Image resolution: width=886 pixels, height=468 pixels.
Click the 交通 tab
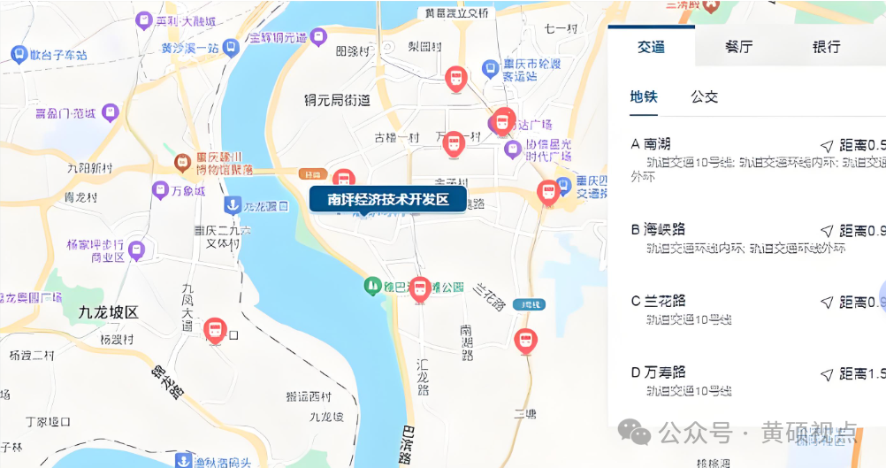(x=652, y=47)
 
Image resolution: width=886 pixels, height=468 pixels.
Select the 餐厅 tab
(x=738, y=47)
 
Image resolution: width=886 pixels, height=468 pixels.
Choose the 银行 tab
(x=826, y=47)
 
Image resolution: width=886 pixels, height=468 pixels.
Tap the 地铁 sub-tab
(x=644, y=97)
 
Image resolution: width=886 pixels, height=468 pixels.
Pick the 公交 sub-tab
(x=704, y=97)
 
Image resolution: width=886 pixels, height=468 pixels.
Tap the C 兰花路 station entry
(x=659, y=302)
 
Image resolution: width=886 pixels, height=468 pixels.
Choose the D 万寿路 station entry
(x=659, y=372)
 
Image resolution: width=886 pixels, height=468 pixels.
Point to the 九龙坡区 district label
(x=109, y=312)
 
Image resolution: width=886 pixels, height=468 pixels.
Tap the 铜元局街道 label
(x=336, y=100)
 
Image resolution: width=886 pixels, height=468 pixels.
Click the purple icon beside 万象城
(x=160, y=189)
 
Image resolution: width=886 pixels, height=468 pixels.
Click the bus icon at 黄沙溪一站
(x=231, y=48)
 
